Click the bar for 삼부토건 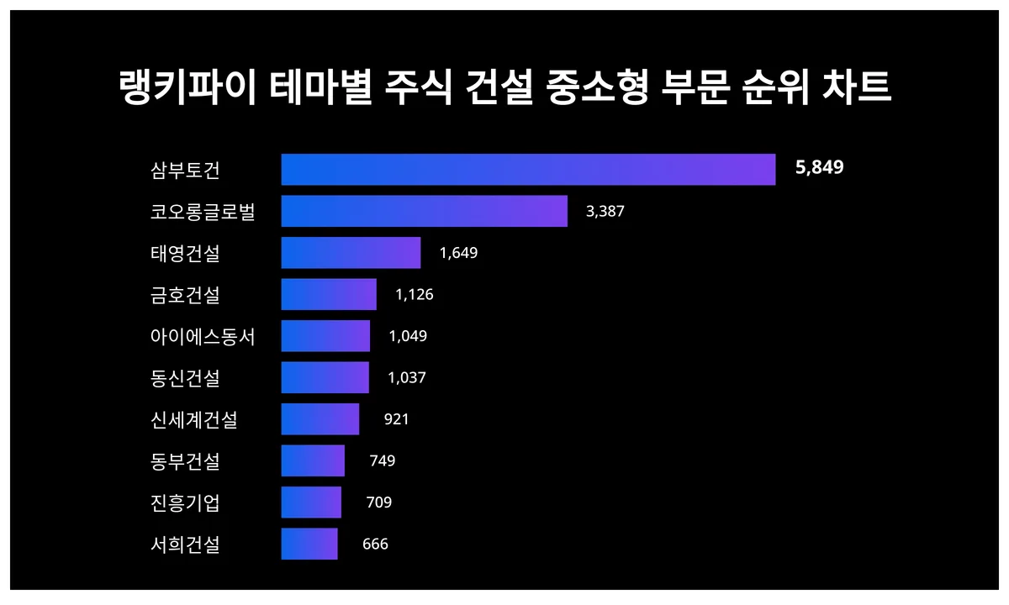pyautogui.click(x=527, y=170)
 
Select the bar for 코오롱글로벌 pyautogui.click(x=424, y=211)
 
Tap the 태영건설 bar pyautogui.click(x=351, y=253)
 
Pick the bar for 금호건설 pyautogui.click(x=329, y=294)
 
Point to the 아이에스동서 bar pyautogui.click(x=325, y=336)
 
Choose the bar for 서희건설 pyautogui.click(x=309, y=544)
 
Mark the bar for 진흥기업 pyautogui.click(x=311, y=502)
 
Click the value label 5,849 pyautogui.click(x=819, y=168)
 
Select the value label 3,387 pyautogui.click(x=605, y=211)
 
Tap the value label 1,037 pyautogui.click(x=407, y=378)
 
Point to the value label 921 pyautogui.click(x=396, y=419)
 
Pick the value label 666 pyautogui.click(x=375, y=544)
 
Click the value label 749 pyautogui.click(x=382, y=460)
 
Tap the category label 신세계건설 pyautogui.click(x=194, y=419)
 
